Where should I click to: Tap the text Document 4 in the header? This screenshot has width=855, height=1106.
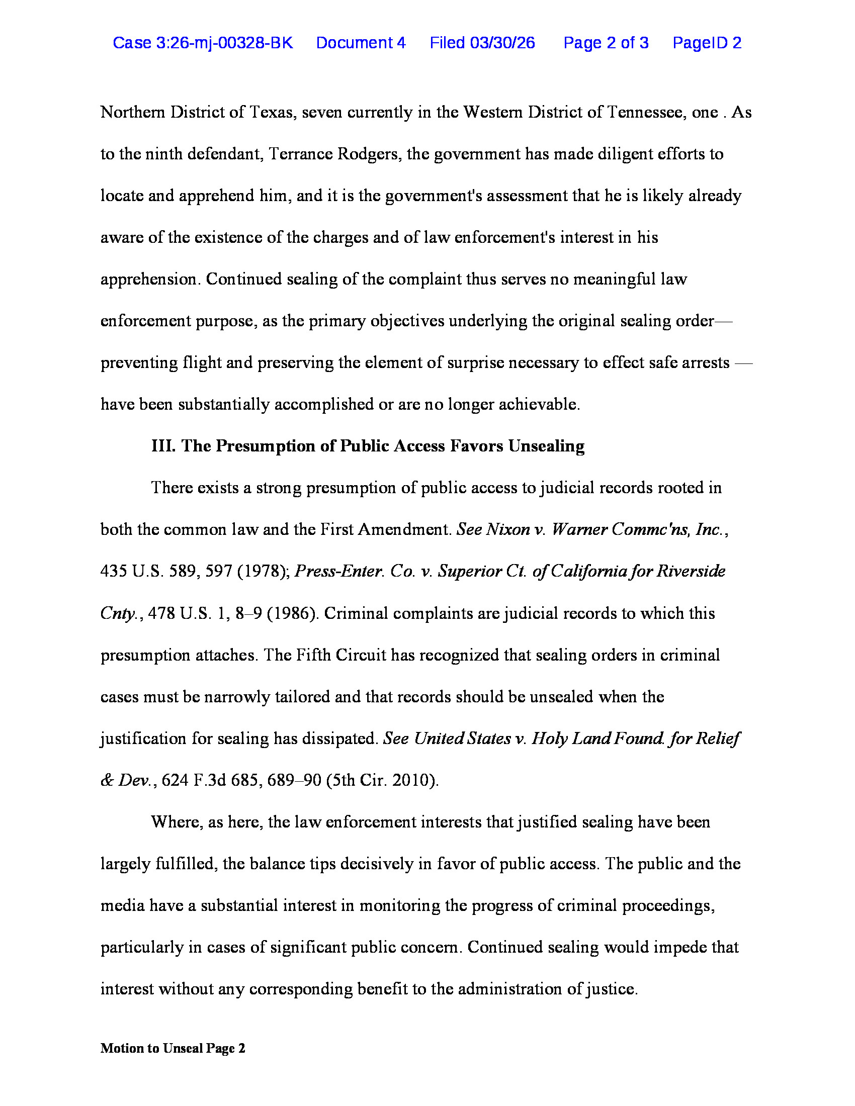point(361,43)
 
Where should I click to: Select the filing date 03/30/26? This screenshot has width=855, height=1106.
point(502,43)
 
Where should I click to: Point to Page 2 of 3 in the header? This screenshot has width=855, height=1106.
point(606,43)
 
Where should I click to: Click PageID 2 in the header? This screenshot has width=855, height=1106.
point(707,43)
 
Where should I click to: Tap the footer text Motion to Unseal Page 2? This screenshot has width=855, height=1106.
point(173,1048)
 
